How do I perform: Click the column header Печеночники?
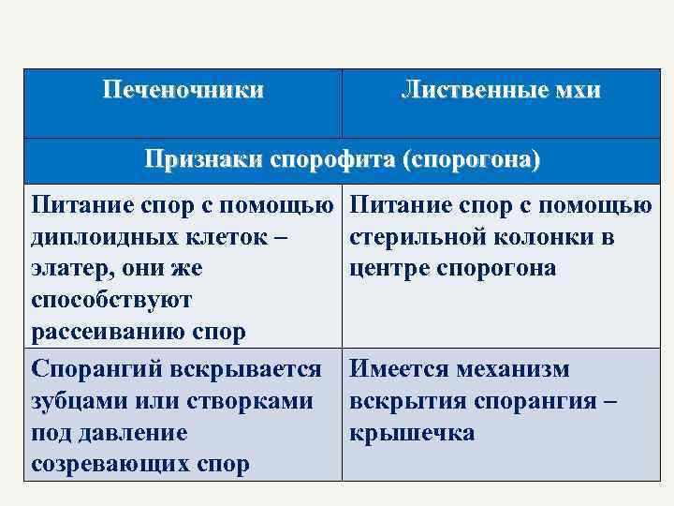[183, 91]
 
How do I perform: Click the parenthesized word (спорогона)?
[470, 158]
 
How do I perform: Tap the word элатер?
[69, 269]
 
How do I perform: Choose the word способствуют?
[111, 301]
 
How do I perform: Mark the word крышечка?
[412, 433]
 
